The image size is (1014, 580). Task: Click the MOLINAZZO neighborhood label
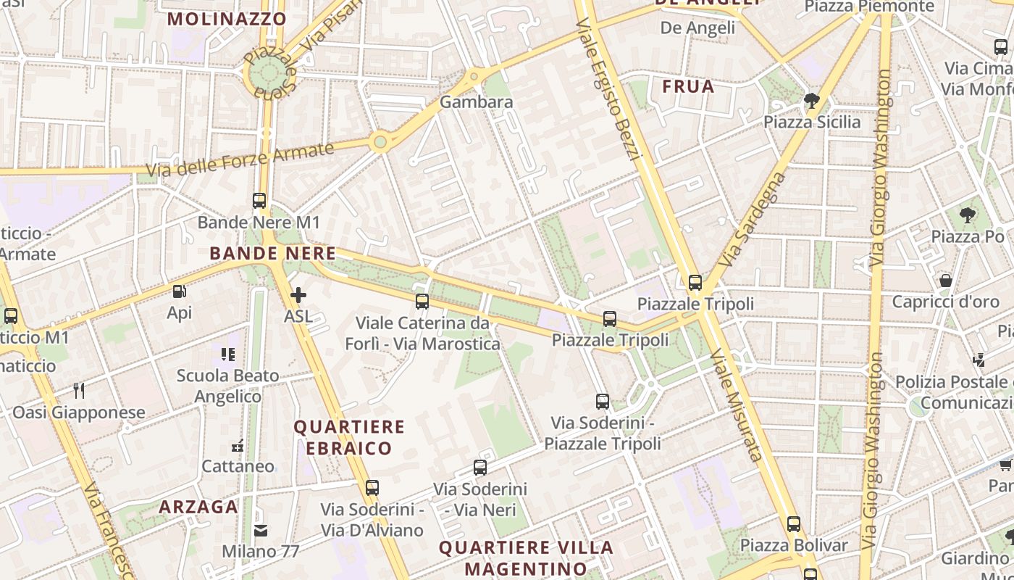[227, 19]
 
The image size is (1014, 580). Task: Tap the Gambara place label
[477, 102]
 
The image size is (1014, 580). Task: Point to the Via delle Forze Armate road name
[240, 160]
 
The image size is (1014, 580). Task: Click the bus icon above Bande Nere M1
[259, 201]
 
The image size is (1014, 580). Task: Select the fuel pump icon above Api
[179, 291]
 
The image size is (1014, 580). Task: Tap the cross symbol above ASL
[298, 295]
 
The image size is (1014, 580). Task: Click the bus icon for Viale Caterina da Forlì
[422, 302]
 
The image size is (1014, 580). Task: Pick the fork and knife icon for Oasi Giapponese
[79, 391]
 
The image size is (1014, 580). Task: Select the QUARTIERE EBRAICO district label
[348, 437]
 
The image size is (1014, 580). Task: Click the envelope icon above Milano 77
[261, 531]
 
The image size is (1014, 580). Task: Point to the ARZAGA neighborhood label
[198, 507]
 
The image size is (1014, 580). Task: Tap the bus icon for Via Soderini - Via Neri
[480, 468]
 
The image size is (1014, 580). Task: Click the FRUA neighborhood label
[688, 87]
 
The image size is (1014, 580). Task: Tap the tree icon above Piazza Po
[967, 215]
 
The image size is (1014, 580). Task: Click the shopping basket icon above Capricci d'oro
[946, 280]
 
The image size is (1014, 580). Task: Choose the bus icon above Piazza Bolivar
[794, 523]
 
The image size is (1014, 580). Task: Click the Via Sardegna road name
[754, 218]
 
